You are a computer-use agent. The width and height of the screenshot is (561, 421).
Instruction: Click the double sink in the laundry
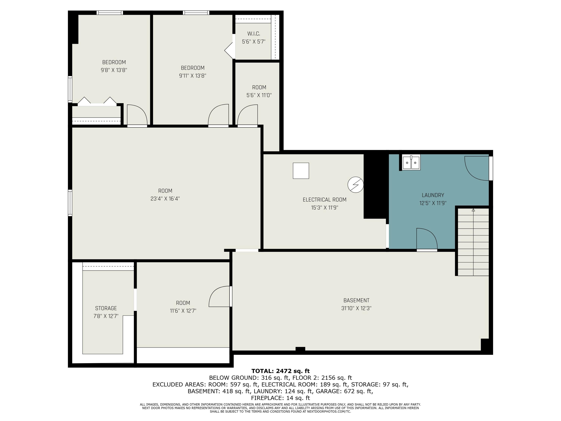pyautogui.click(x=411, y=162)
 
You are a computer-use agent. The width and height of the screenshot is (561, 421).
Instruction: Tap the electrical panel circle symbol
pyautogui.click(x=355, y=184)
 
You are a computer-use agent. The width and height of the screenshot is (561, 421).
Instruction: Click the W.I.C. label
pyautogui.click(x=254, y=34)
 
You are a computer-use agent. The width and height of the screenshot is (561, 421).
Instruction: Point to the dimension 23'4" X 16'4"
pyautogui.click(x=165, y=199)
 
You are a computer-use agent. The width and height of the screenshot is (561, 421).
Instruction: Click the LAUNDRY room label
pyautogui.click(x=433, y=195)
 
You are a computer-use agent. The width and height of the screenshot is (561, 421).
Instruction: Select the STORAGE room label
pyautogui.click(x=106, y=308)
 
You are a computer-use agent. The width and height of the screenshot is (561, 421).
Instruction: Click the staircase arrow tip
pyautogui.click(x=473, y=210)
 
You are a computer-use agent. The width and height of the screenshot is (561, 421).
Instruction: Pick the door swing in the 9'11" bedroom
pyautogui.click(x=219, y=115)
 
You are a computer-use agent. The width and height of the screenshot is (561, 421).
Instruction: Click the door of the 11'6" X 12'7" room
pyautogui.click(x=220, y=296)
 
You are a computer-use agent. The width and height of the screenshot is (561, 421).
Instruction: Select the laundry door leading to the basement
pyautogui.click(x=427, y=239)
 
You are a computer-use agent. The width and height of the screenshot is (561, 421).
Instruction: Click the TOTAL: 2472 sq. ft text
pyautogui.click(x=280, y=371)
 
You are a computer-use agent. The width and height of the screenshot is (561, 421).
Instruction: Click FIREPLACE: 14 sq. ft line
pyautogui.click(x=280, y=398)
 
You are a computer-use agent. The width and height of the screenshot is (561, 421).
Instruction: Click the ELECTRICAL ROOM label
pyautogui.click(x=324, y=200)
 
